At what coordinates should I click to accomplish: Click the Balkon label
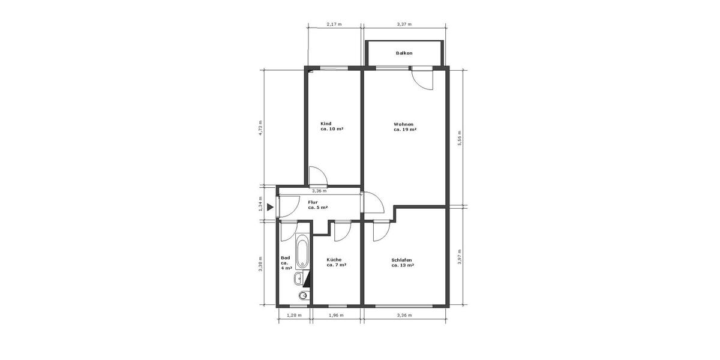tap(404, 53)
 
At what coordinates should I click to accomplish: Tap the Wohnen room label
tap(405, 127)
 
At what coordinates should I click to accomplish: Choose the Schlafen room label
tap(402, 263)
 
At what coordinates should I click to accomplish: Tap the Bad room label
tap(286, 263)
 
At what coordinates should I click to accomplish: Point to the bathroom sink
tap(298, 278)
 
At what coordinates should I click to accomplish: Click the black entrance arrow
tap(271, 208)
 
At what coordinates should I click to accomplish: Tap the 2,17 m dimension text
tap(334, 25)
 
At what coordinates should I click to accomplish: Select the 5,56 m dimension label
tap(460, 138)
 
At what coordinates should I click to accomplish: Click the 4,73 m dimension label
tap(260, 130)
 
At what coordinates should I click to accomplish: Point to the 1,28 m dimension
tap(294, 315)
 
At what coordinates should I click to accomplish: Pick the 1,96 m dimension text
tap(337, 315)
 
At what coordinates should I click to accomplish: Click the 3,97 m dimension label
tap(460, 256)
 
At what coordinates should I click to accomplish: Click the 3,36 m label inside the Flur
tap(320, 191)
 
